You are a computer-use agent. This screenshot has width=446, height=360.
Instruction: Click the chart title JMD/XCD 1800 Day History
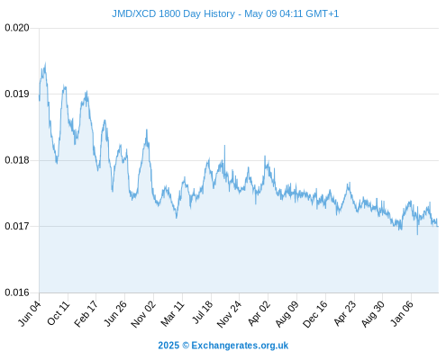[173, 13]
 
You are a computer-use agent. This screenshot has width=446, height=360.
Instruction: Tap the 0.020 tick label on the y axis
[17, 28]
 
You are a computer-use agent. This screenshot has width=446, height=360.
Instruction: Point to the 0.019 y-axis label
[17, 94]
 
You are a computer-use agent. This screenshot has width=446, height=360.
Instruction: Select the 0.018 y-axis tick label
[17, 160]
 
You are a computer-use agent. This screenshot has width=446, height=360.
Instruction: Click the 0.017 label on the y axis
[17, 226]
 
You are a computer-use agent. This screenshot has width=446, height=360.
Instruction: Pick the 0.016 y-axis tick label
[17, 292]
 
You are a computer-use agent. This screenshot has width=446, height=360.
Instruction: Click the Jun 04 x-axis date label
[30, 313]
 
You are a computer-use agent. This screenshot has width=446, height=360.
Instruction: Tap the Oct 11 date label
[59, 313]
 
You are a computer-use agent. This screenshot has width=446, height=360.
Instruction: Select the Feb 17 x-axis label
[86, 313]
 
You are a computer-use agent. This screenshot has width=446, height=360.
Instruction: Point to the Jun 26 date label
[115, 313]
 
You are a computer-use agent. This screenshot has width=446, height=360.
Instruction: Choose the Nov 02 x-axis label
[143, 314]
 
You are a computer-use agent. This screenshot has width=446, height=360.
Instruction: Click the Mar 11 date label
[172, 313]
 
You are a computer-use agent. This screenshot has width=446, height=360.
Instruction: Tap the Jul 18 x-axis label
[203, 312]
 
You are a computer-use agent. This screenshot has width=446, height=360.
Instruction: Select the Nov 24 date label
[229, 314]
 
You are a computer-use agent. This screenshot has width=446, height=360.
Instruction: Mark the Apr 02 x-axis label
[259, 313]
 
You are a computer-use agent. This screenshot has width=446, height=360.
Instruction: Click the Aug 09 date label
[287, 314]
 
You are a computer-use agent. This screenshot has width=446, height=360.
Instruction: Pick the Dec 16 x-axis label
[315, 314]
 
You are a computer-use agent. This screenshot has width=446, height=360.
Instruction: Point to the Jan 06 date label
[402, 313]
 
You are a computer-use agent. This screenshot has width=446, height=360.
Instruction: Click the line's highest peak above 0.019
[45, 63]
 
